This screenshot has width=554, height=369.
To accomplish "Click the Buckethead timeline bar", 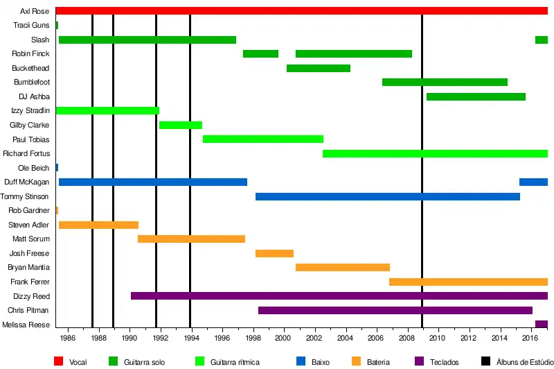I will (x=318, y=68).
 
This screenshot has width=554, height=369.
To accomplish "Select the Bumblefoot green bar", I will (x=445, y=83).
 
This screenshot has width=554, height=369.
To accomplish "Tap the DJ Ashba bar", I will (x=476, y=96).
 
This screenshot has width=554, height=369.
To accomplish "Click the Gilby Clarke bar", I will (x=181, y=125).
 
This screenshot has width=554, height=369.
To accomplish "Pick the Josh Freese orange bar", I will (x=274, y=253).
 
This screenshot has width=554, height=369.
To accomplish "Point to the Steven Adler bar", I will (x=98, y=225).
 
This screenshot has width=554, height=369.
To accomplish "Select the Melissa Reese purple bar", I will (x=541, y=324).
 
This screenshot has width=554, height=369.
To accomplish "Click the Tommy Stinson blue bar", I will (x=387, y=196).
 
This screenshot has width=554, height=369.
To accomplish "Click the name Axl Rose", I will (x=35, y=11).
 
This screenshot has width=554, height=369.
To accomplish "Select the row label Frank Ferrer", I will (x=30, y=282).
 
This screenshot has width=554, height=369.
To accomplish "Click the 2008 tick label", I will (x=406, y=338).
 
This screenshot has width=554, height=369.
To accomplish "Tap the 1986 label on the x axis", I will (x=67, y=338).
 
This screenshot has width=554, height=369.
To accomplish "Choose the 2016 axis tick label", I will (x=530, y=338).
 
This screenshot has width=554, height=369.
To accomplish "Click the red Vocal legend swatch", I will (x=59, y=361).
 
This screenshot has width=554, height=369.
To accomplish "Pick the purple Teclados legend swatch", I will (x=418, y=361).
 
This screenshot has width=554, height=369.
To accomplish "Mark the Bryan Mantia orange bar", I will (x=342, y=268).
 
